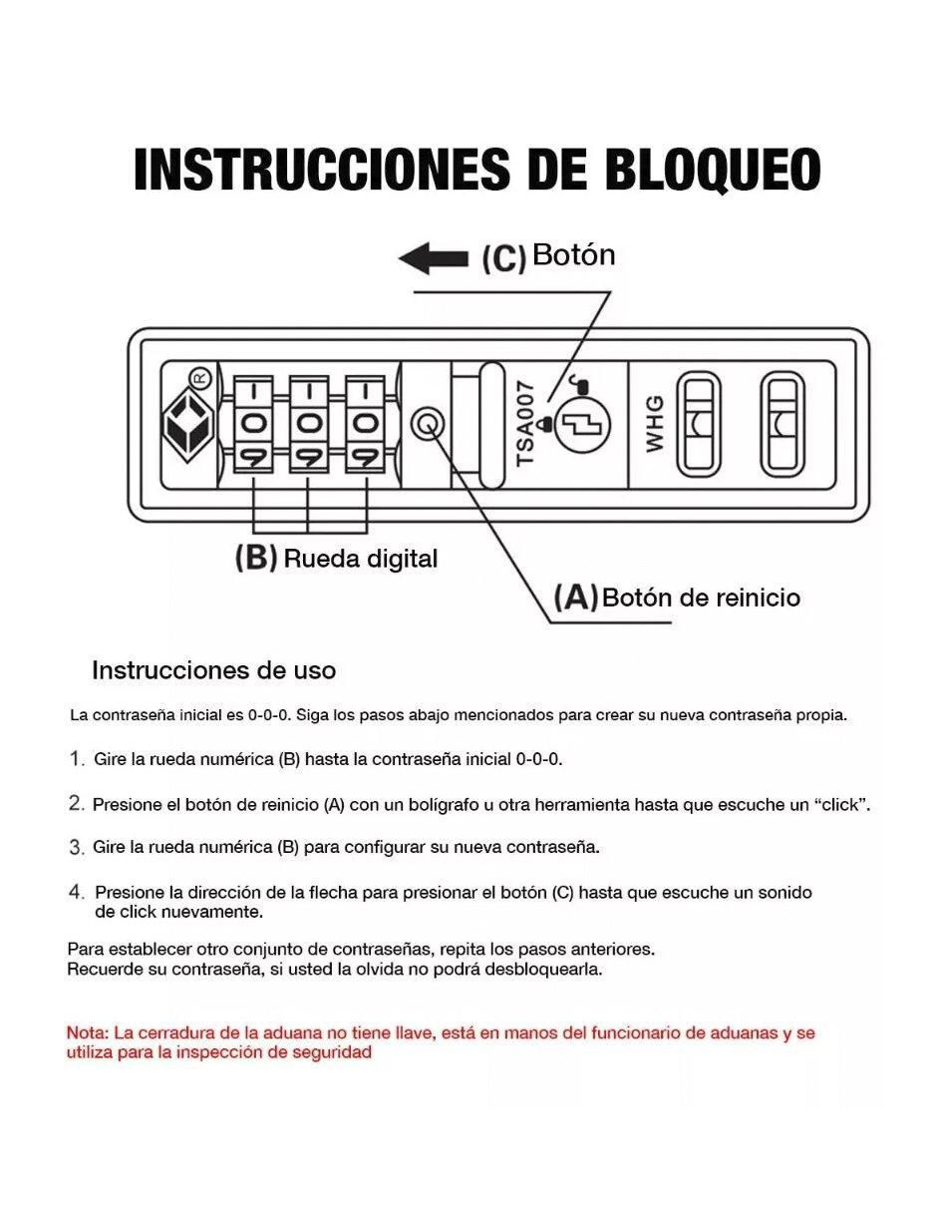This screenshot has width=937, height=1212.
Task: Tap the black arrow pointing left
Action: click(x=433, y=258)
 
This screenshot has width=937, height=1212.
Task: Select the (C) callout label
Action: click(x=504, y=258)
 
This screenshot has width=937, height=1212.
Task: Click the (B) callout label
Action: click(x=256, y=558)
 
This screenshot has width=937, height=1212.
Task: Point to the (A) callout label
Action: click(x=576, y=597)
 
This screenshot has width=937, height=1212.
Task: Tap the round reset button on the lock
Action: click(x=427, y=425)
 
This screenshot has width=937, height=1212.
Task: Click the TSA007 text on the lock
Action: click(x=525, y=424)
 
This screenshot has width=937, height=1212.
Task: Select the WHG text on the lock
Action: click(x=655, y=424)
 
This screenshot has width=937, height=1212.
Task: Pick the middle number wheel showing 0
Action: click(x=308, y=425)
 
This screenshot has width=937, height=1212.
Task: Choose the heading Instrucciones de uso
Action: click(x=213, y=670)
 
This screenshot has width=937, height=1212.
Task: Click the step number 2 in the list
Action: click(x=77, y=803)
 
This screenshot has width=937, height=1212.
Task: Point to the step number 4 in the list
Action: click(x=77, y=892)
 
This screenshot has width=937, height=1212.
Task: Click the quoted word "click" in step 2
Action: click(x=843, y=804)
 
